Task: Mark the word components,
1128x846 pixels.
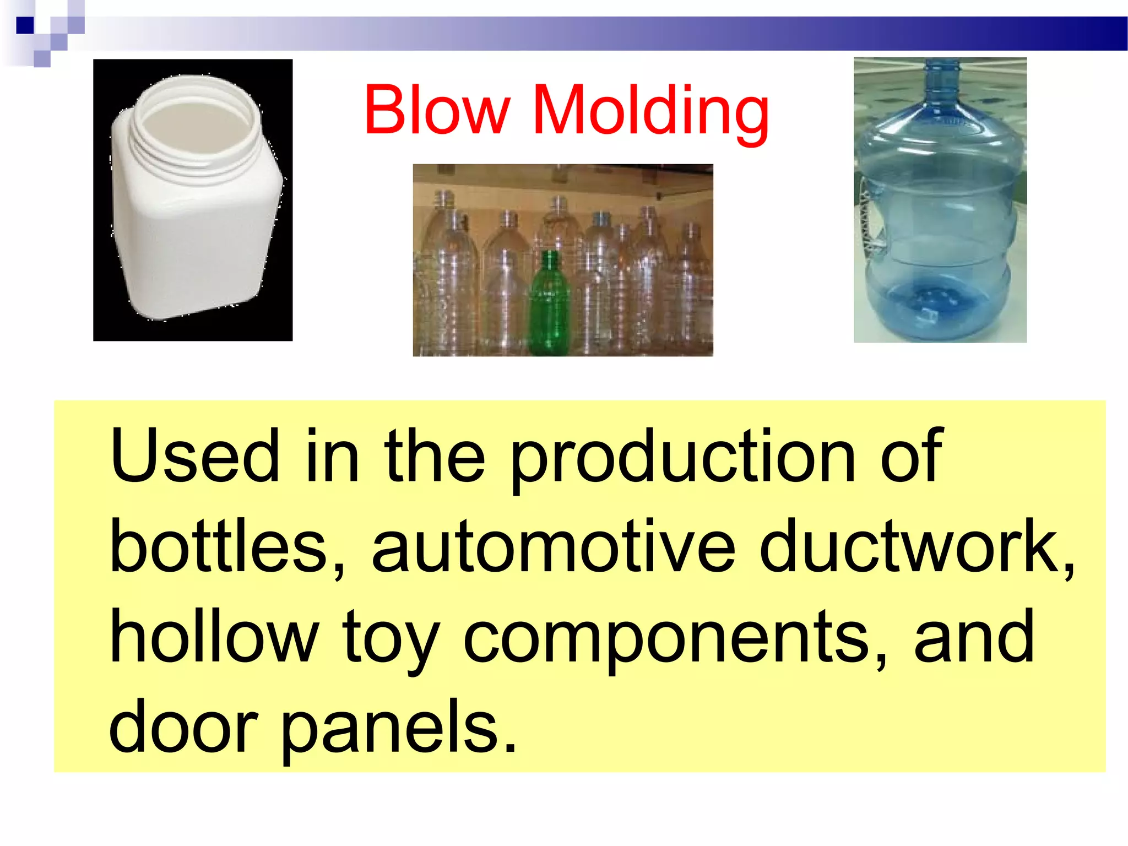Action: point(675,639)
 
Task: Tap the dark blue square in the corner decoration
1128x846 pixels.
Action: point(25,25)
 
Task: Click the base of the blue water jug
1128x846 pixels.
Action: point(936,317)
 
